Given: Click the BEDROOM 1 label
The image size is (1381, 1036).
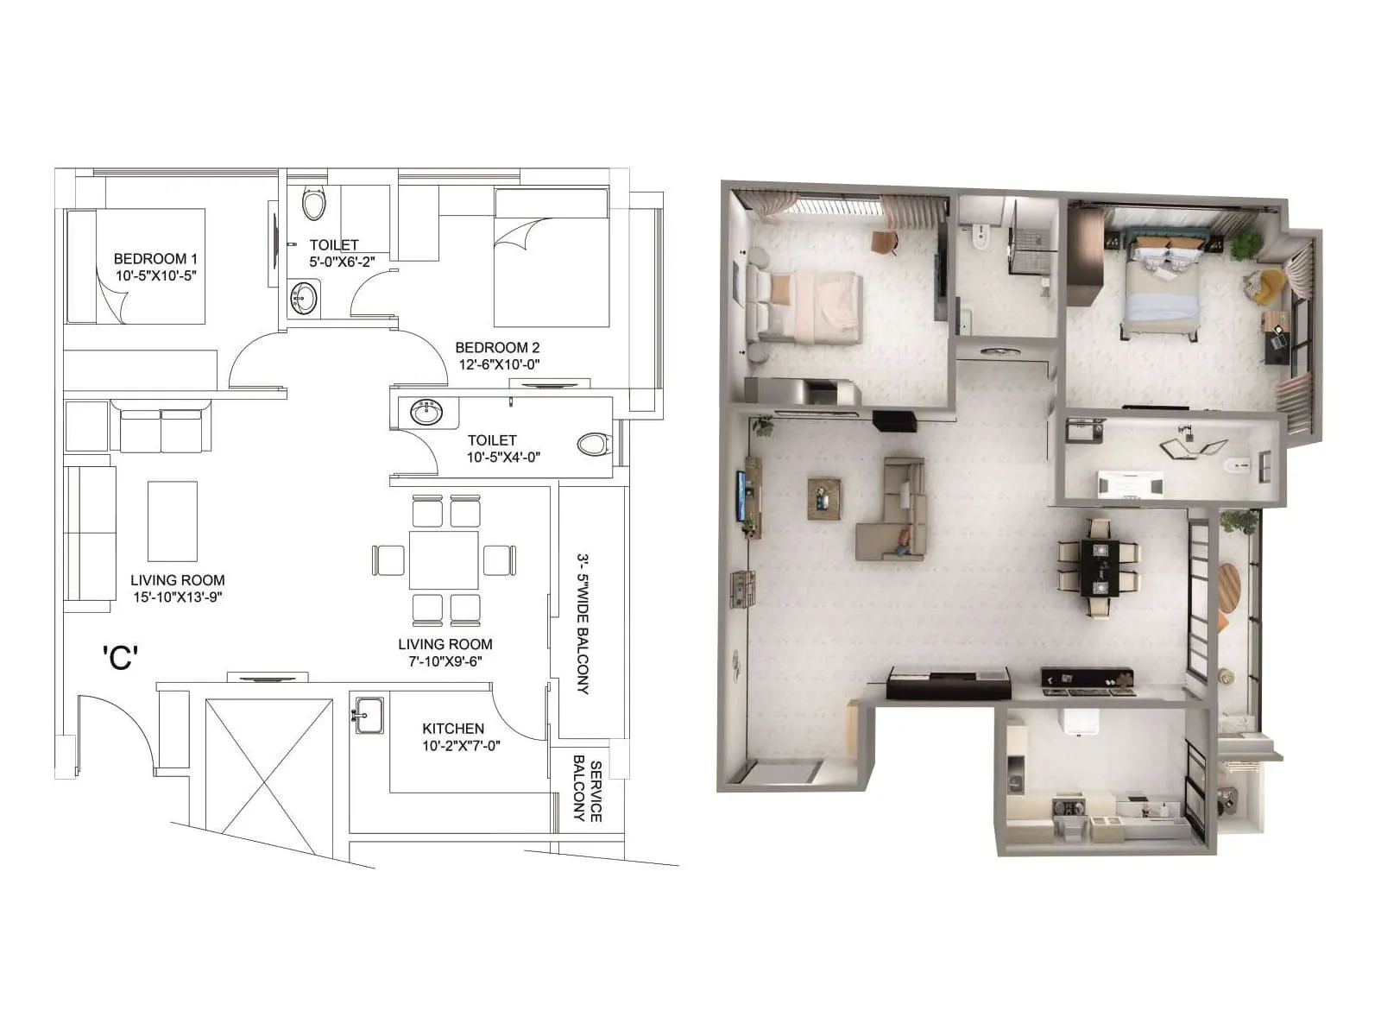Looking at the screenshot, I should click(x=155, y=258).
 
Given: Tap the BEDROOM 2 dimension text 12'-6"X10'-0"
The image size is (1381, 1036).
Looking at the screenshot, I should click(x=499, y=364).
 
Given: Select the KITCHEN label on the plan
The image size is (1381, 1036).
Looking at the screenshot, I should click(x=453, y=729).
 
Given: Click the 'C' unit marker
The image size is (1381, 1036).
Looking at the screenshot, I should click(x=120, y=658).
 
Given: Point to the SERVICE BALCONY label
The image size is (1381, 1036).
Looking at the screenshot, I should click(x=588, y=788).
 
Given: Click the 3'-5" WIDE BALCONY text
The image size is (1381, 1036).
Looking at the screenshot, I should click(x=583, y=623).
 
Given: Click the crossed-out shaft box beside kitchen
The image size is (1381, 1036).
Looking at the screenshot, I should click(x=268, y=766).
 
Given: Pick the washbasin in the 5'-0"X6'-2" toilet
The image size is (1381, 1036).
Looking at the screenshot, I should click(x=303, y=299).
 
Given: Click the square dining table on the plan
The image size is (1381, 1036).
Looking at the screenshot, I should click(x=444, y=559).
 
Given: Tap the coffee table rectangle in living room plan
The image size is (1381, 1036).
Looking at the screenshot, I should click(x=173, y=521).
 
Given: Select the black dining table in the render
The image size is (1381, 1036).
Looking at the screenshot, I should click(x=1100, y=567).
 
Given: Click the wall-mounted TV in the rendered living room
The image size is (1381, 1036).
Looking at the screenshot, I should click(x=741, y=496).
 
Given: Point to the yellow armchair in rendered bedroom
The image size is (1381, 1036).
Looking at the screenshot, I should click(x=1264, y=287).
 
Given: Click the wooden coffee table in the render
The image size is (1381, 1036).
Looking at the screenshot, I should click(x=823, y=498).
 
